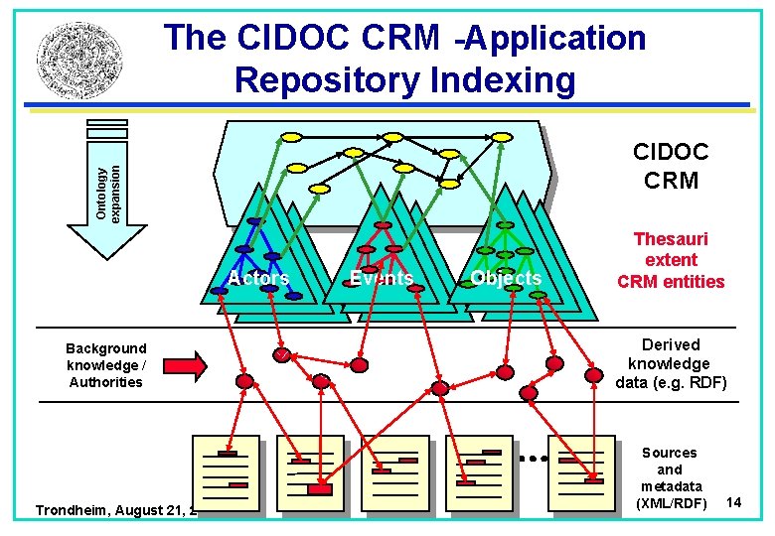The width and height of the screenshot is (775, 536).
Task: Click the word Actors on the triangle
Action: tap(258, 279)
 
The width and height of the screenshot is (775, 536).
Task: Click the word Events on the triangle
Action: tap(382, 279)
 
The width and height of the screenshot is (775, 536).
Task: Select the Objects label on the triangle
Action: tap(506, 279)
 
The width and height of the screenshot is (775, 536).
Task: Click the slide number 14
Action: tap(734, 503)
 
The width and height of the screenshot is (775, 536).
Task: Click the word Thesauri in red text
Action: tap(671, 239)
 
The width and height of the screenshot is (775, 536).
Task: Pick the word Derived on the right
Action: tap(671, 344)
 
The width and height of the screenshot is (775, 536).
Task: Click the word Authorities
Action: tap(105, 382)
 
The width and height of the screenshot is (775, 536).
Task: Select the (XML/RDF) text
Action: tap(671, 503)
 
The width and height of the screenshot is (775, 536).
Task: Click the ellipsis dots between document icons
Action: tap(534, 459)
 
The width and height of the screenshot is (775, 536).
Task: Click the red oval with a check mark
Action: tap(284, 356)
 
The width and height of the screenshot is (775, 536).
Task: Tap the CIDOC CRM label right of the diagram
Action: tap(671, 166)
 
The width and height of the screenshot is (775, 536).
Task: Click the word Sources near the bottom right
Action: tap(670, 453)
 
